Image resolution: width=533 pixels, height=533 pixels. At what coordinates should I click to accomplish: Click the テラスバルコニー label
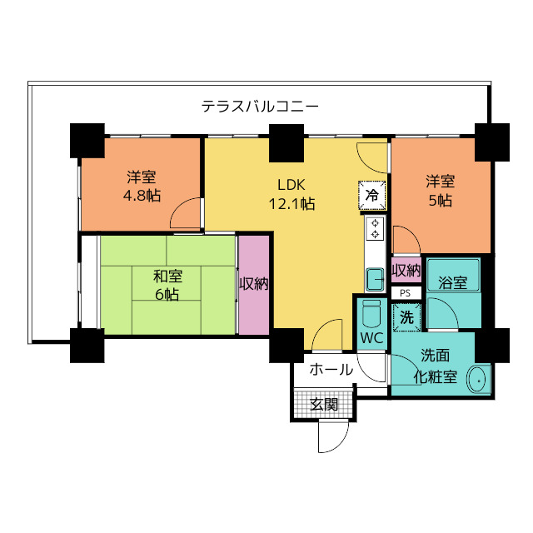pos(260,107)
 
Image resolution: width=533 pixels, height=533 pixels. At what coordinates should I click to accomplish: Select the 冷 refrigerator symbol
pos(372,194)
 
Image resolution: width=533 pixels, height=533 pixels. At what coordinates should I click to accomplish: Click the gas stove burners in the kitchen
pos(375,228)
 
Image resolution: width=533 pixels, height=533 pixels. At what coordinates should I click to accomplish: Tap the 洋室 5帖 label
pos(441,191)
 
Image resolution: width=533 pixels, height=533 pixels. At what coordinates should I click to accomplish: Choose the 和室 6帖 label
pos(167,285)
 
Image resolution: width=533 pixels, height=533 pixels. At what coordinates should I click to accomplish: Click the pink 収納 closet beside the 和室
pos(254,284)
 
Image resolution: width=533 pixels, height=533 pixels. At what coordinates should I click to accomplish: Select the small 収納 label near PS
pos(406,271)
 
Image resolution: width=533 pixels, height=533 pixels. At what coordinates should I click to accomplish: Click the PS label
pos(406,293)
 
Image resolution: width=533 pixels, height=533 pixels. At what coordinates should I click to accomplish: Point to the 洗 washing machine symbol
pos(406,316)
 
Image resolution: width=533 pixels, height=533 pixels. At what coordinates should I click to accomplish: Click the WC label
pos(371,338)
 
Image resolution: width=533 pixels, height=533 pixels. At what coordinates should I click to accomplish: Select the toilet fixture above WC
pos(371,313)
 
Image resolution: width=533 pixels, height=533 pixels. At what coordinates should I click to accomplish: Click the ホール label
pos(331,370)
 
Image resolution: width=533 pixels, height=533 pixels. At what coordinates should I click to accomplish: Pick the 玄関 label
pos(324,405)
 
